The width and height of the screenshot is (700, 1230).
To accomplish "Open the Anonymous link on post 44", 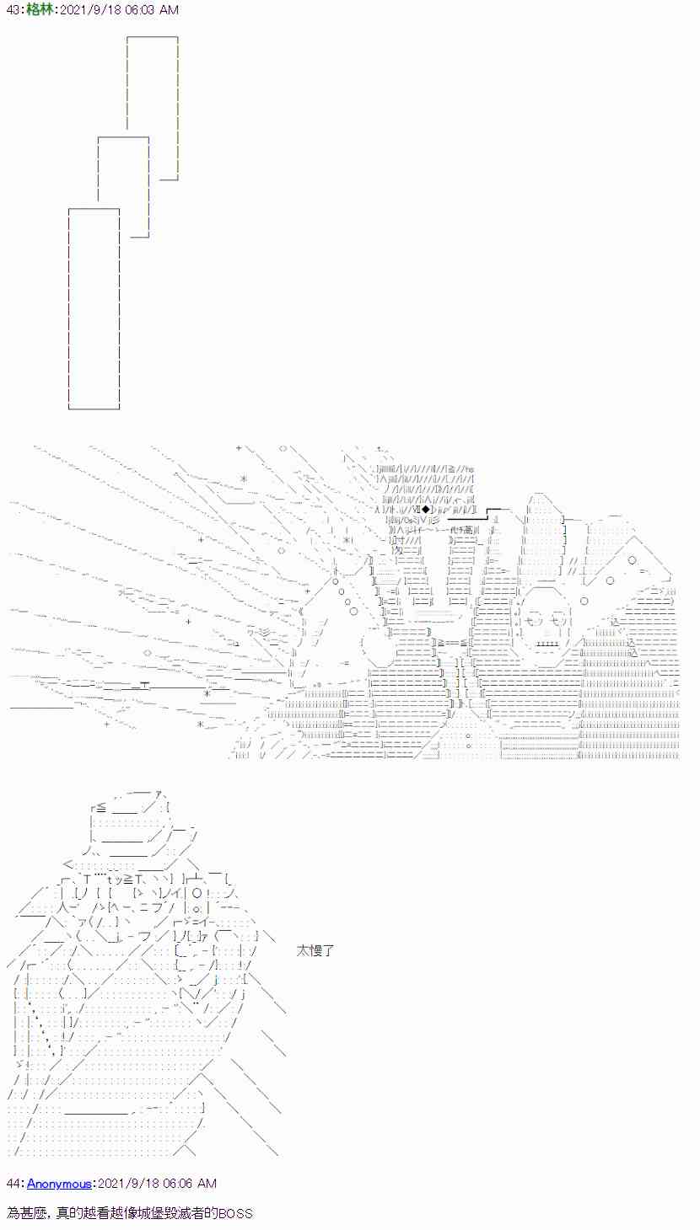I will coord(59,1184).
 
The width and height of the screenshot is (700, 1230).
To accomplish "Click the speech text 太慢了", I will coord(316,950).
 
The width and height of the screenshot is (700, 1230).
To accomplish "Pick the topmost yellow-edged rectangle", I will coord(153,108).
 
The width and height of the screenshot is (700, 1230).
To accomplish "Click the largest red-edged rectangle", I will coord(94,308).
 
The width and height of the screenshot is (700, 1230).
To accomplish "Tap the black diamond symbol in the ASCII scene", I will coord(427,509).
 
